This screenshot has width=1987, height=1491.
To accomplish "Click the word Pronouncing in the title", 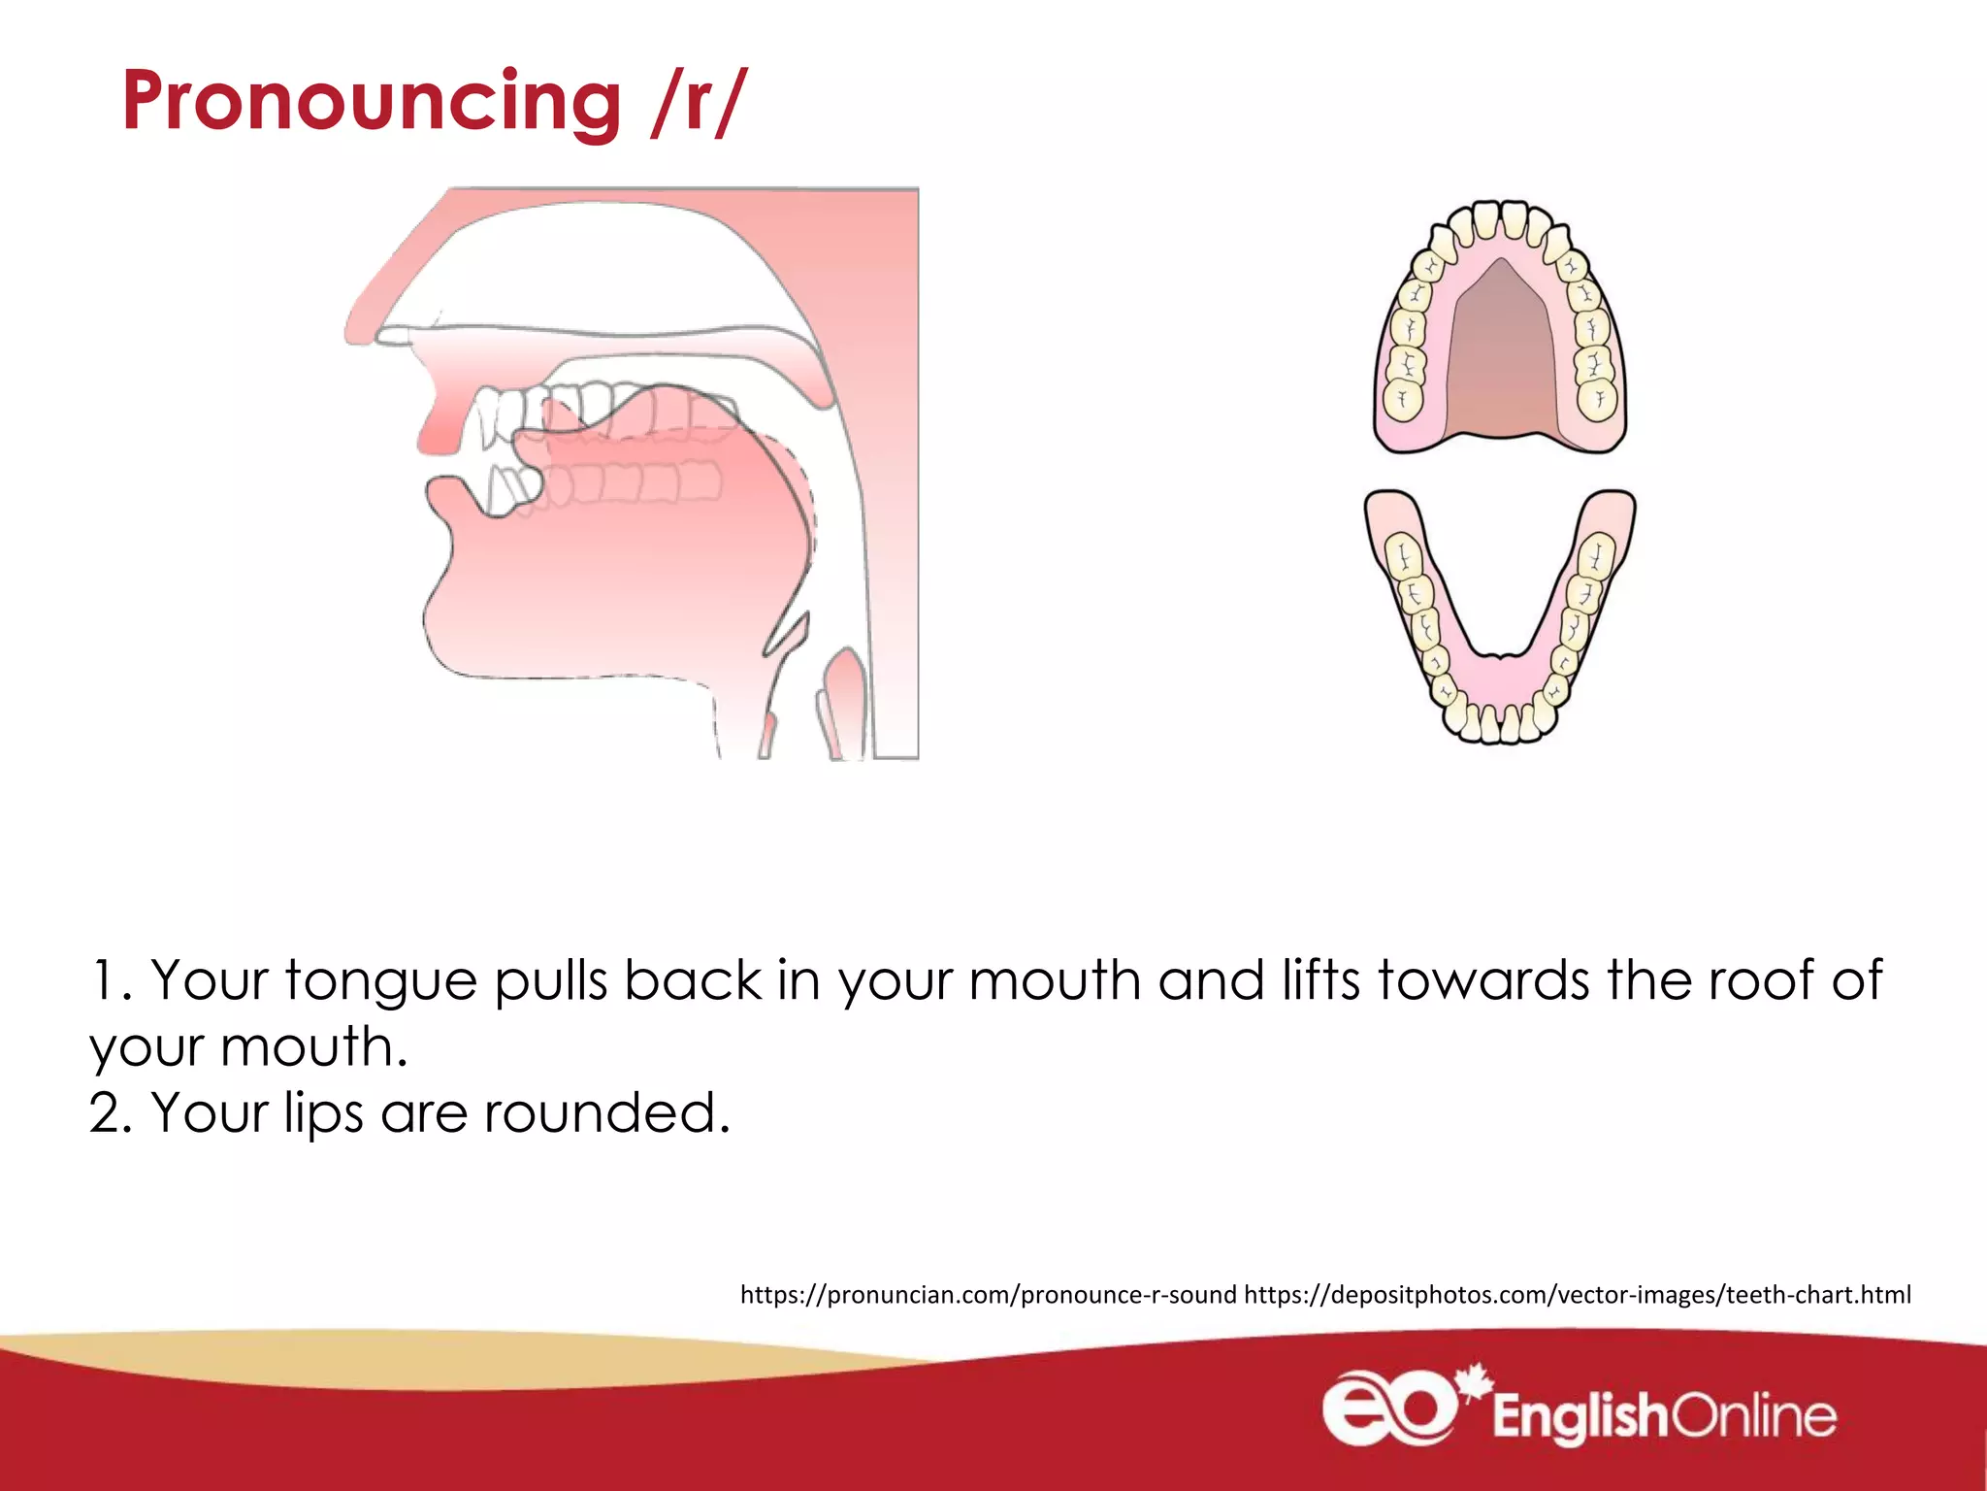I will [371, 102].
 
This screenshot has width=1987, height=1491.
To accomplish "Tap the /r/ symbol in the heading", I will [699, 102].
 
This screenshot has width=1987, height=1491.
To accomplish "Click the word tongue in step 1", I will [380, 980].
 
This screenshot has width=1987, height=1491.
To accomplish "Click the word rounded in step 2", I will [606, 1112].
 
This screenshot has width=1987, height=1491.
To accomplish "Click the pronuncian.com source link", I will [988, 1295].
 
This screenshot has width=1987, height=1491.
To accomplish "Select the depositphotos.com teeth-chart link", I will [1577, 1295].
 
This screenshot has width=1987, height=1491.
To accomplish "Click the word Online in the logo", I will [1754, 1416].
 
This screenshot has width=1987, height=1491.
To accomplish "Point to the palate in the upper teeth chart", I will [1500, 359].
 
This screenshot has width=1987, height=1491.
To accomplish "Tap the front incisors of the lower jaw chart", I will [1499, 724].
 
